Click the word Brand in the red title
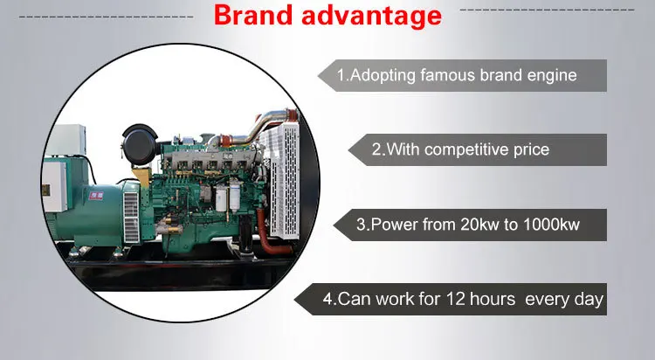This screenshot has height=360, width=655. tap(253, 17)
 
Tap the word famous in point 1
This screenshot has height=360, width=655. tap(446, 75)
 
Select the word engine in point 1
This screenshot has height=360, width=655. tap(552, 75)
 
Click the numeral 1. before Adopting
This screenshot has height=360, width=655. tap(342, 75)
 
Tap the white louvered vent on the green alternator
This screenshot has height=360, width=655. tap(131, 214)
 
